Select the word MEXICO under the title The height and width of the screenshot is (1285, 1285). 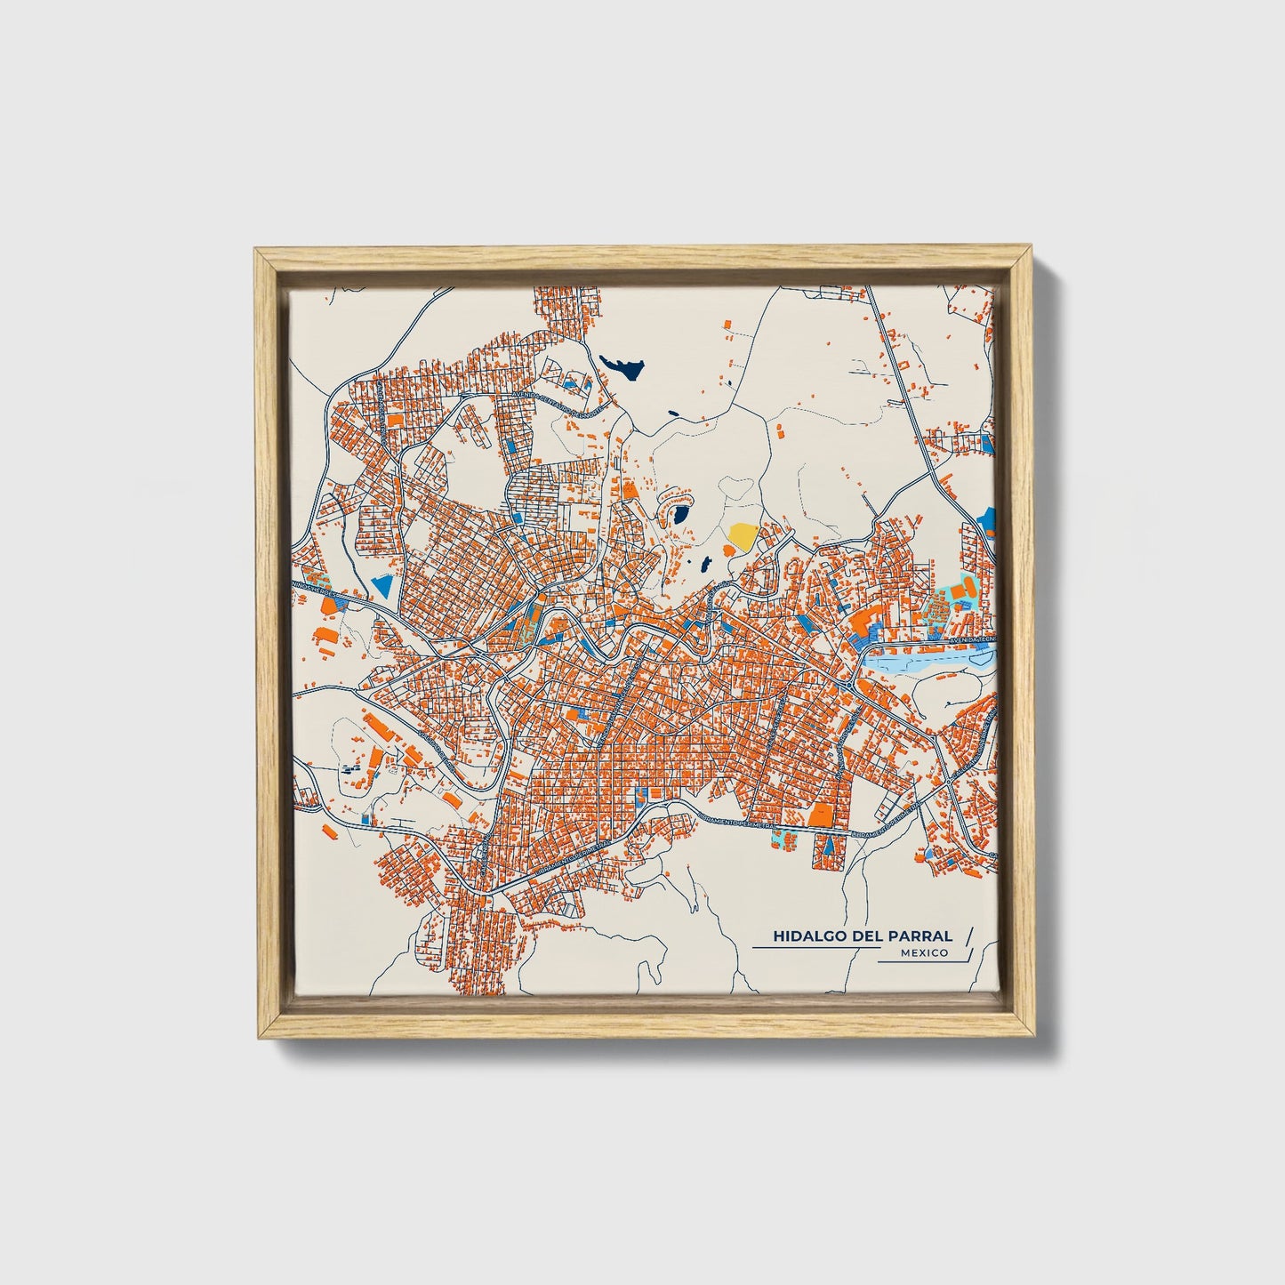[923, 953]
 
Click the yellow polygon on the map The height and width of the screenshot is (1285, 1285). [742, 535]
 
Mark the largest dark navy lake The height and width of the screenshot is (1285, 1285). [622, 365]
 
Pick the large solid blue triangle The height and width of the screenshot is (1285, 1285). [382, 584]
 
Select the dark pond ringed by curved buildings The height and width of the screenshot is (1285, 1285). [680, 514]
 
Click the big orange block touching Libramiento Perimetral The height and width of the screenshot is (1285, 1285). [821, 814]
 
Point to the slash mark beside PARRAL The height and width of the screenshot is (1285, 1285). [968, 936]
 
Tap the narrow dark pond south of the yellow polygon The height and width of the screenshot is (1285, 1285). [704, 564]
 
